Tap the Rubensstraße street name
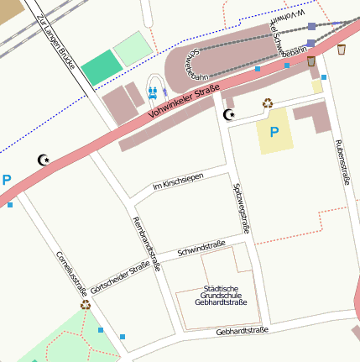(342, 161)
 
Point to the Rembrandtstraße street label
(147, 243)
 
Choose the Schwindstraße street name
(202, 249)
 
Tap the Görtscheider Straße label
(126, 277)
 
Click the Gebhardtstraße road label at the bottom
(242, 331)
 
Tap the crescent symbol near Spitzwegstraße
(228, 113)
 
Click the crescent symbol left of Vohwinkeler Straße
(44, 160)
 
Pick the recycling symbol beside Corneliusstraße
(86, 305)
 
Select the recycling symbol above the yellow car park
(268, 103)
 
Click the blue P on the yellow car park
(274, 132)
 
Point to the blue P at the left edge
(7, 180)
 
